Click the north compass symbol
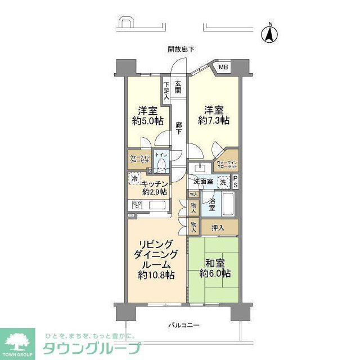(270, 34)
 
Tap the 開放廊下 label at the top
(181, 49)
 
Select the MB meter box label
(223, 68)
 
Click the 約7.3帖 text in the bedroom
(214, 120)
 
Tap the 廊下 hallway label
(178, 128)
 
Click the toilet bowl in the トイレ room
(162, 165)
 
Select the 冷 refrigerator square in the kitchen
(134, 178)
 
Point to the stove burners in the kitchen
(136, 205)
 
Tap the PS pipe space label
(236, 182)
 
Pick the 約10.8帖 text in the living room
(156, 274)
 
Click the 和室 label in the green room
(214, 262)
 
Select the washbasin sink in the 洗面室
(199, 167)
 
